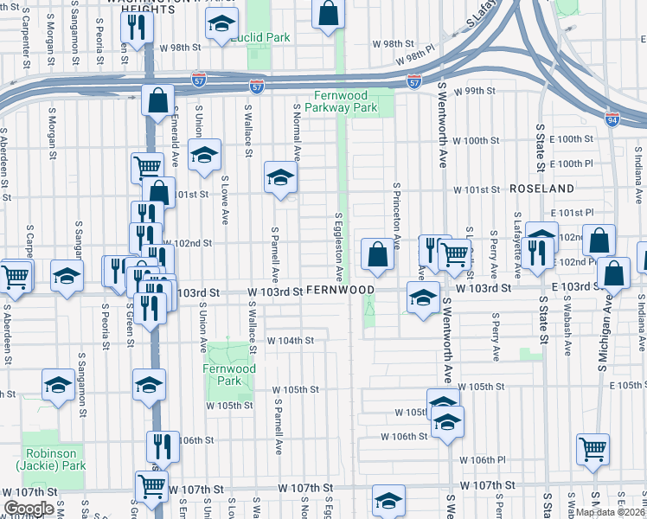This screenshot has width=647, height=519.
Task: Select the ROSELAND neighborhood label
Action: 541,188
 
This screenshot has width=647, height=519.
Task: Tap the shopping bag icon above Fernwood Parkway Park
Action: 328,14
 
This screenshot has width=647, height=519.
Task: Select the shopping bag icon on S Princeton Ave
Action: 377,254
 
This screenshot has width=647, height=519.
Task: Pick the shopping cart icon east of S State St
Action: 593,448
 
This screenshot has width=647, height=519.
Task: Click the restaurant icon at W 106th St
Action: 162,446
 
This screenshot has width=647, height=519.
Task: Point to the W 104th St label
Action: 290,341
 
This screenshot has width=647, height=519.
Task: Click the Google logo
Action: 29,509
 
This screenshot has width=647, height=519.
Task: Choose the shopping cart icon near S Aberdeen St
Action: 15,277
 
